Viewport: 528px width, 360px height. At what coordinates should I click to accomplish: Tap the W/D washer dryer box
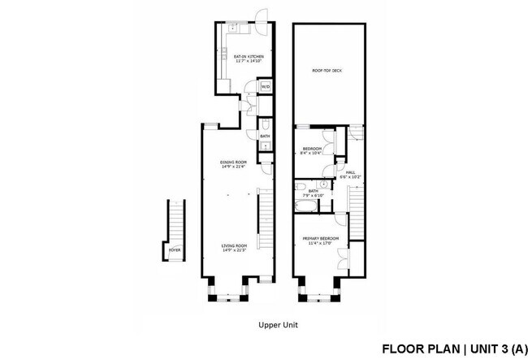pos(265,86)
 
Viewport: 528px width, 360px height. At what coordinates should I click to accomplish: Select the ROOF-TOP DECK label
pos(327,71)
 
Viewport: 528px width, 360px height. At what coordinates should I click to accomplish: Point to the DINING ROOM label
pos(233,162)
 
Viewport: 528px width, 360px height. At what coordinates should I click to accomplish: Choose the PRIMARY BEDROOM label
pos(319,238)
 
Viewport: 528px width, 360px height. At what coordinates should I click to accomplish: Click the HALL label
pos(351,172)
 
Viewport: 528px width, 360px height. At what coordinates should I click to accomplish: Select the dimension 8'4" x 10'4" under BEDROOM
pos(313,154)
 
